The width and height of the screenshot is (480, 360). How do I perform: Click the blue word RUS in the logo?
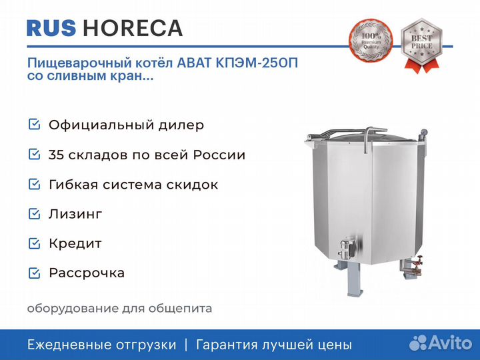(x=51, y=28)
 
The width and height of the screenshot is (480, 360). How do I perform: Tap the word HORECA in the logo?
(x=133, y=28)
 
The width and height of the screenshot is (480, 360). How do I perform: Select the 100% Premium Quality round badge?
(x=371, y=40)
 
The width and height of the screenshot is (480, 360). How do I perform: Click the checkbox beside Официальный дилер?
(x=34, y=124)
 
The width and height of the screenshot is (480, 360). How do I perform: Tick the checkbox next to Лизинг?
(x=34, y=214)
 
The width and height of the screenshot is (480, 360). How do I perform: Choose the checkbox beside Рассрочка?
(x=34, y=273)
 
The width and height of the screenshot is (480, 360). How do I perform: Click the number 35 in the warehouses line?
(x=56, y=155)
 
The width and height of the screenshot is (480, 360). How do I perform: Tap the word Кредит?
(x=75, y=243)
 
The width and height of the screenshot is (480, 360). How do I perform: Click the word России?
(x=219, y=155)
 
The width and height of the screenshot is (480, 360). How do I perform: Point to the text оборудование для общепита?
(x=119, y=308)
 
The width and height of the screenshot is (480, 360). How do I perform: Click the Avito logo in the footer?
(x=441, y=343)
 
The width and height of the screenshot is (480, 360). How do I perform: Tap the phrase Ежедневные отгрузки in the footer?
(x=101, y=345)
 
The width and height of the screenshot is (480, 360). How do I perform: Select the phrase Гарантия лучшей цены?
(x=274, y=345)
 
